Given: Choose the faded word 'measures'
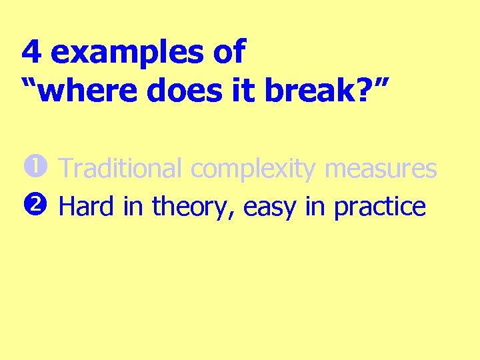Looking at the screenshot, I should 381,169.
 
